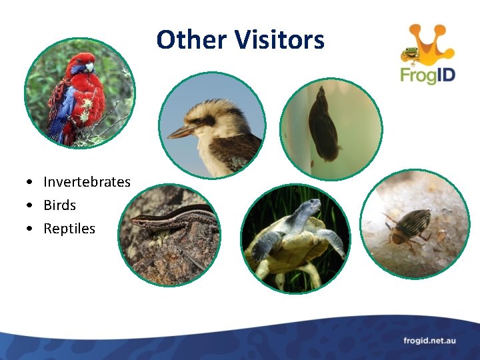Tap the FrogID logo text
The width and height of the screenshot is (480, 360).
427,74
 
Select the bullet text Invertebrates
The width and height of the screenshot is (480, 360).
87,182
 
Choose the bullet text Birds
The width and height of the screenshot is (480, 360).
59,205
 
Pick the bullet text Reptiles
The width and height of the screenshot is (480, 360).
69,229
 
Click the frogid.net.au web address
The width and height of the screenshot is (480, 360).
429,341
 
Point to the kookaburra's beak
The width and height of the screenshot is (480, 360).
182,130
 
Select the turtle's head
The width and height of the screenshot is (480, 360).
307,210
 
